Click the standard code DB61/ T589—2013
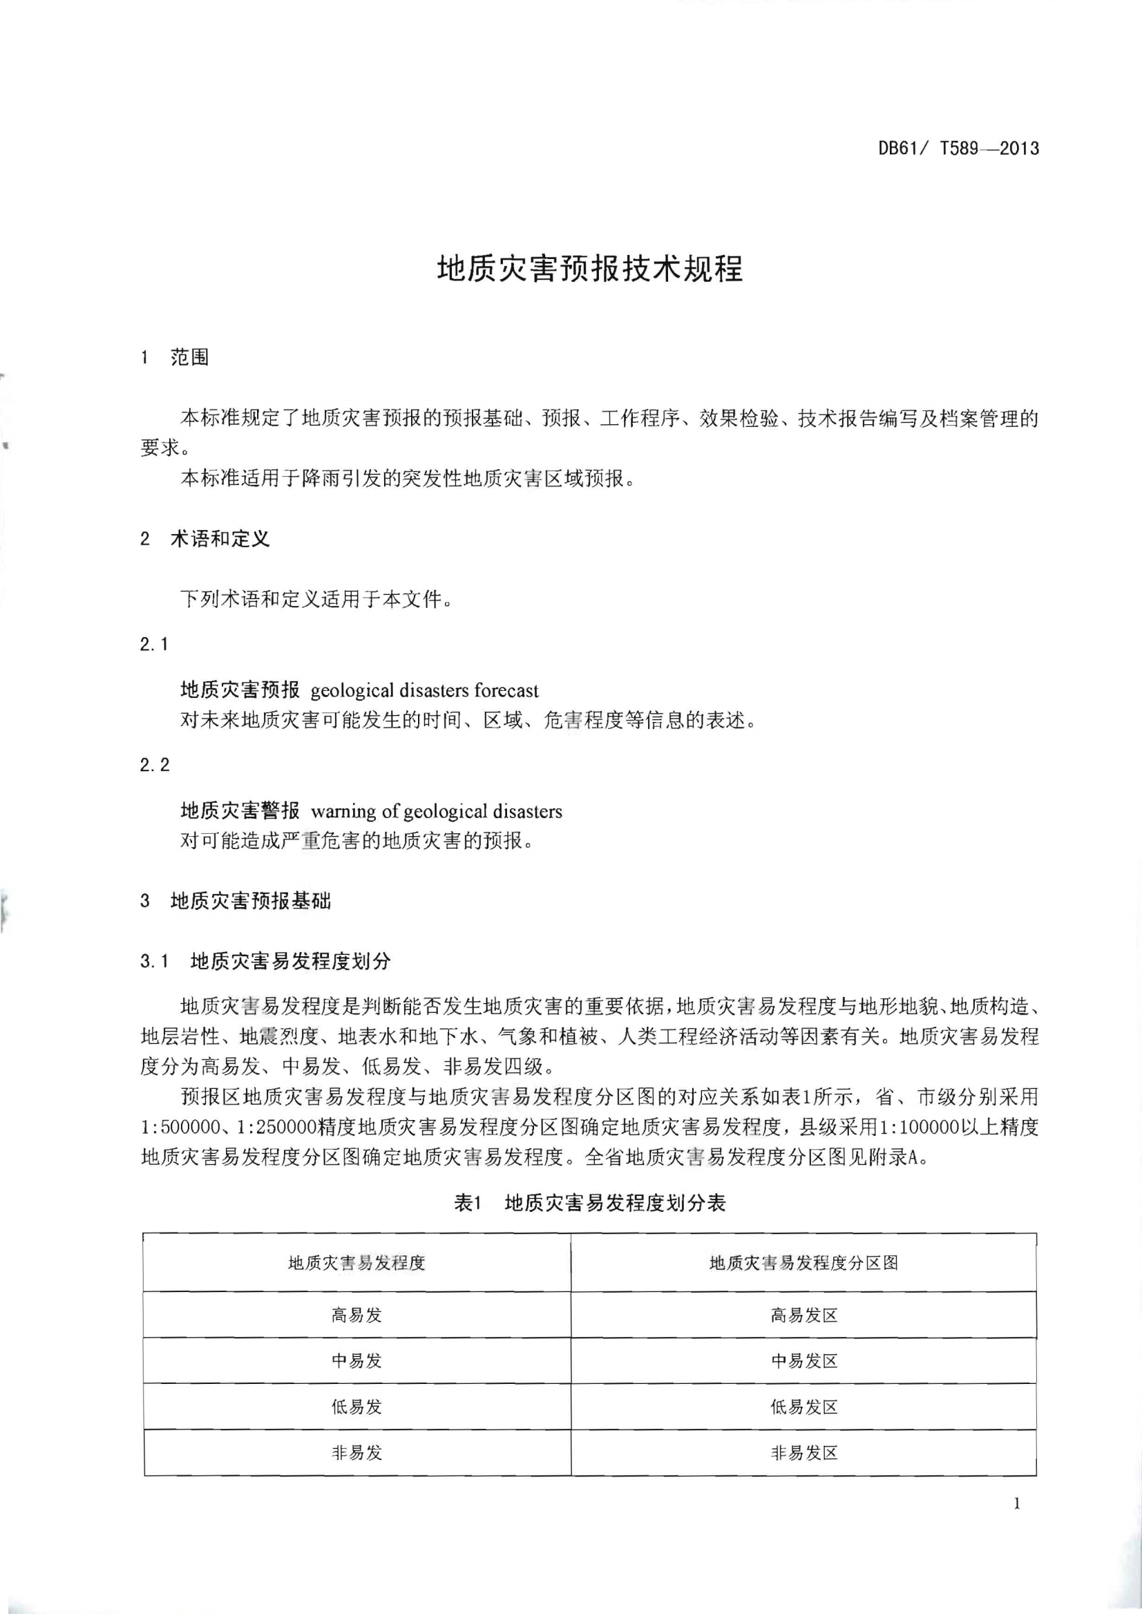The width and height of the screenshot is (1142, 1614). pos(958,149)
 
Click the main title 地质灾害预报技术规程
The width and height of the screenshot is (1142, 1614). pos(590,269)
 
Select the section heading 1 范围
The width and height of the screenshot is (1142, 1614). pos(175,358)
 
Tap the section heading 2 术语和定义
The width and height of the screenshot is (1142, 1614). pos(204,540)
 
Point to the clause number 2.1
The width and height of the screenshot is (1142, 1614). pos(154,644)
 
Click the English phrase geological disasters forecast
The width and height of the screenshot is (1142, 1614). pos(425,691)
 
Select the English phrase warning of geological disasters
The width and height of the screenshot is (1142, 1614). pos(437,812)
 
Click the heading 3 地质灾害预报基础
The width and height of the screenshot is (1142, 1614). pos(236,901)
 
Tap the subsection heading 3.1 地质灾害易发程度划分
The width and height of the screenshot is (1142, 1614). pos(265,961)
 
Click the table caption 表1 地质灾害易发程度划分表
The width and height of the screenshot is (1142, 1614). pos(590,1204)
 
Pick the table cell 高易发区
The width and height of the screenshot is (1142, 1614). pos(803,1315)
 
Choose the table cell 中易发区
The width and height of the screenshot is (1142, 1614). pos(803,1361)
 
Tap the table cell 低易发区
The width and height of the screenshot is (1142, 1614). pos(803,1407)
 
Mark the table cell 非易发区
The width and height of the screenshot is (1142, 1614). pos(803,1453)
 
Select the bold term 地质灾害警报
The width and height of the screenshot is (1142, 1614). pos(240,811)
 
